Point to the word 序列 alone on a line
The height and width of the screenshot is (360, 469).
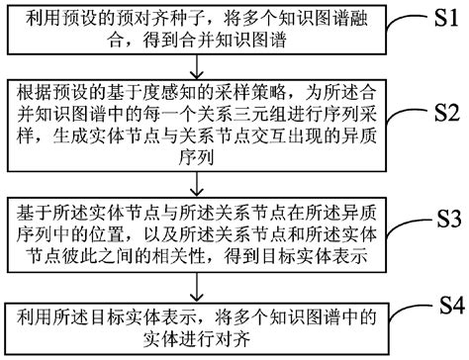pyautogui.click(x=201, y=157)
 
